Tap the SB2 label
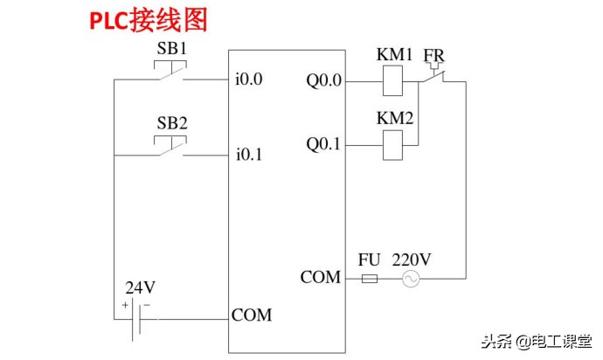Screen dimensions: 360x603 [x=172, y=122]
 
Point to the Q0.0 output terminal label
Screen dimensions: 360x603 [x=323, y=80]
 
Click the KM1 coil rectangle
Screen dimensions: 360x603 [x=393, y=82]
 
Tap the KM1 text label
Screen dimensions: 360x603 [x=394, y=54]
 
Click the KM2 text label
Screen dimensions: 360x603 [x=394, y=117]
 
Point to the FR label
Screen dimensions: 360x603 [x=433, y=55]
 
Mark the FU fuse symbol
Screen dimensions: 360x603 [x=370, y=279]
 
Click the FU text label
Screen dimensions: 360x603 [x=370, y=260]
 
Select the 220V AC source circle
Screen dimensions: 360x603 [x=410, y=279]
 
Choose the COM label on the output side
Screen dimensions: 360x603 [x=321, y=278]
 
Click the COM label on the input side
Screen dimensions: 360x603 [x=252, y=315]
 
